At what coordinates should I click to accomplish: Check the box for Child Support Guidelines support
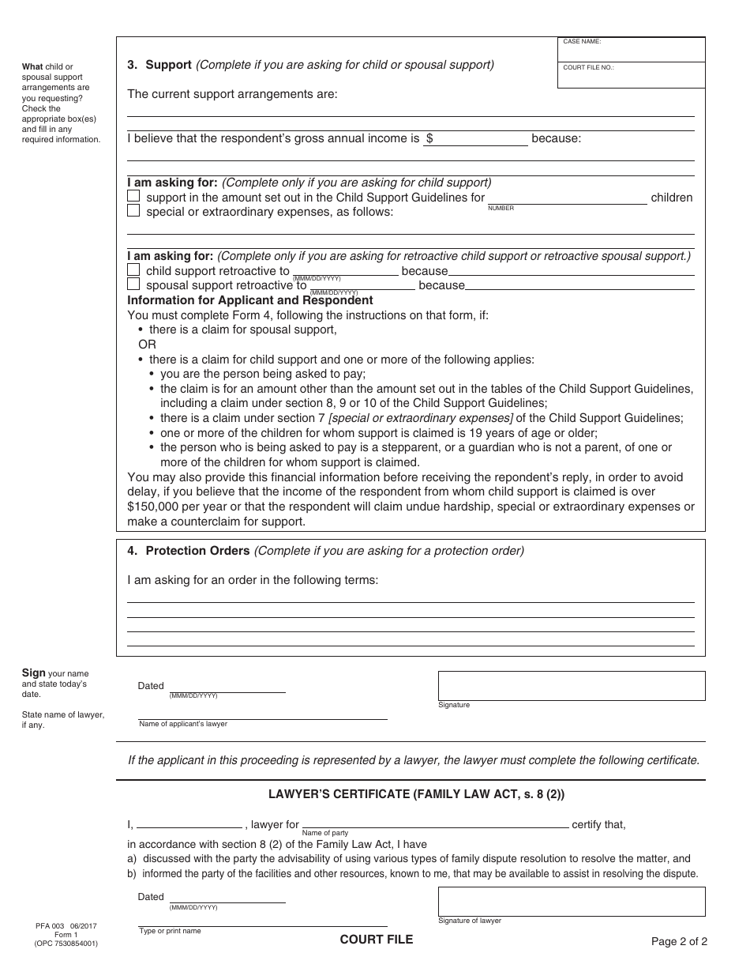coord(133,197)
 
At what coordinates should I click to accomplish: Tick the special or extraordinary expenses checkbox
coord(133,211)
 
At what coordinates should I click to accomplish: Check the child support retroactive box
coord(133,270)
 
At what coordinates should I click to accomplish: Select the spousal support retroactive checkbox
coord(133,284)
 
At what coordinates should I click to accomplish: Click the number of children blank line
coord(567,198)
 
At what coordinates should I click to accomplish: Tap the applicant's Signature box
coord(572,685)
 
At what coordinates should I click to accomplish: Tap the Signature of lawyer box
coord(572,901)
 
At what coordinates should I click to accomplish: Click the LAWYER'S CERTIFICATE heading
coord(411,794)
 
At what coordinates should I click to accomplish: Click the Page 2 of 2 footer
coord(679,941)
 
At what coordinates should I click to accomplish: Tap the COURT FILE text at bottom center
coord(376,940)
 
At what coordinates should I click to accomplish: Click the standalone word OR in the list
coord(148,345)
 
